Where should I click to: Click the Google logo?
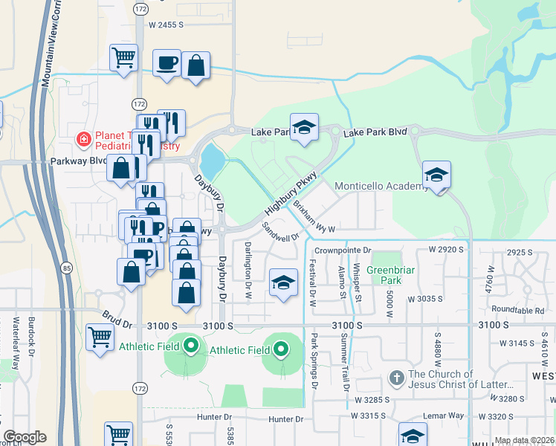(25, 437)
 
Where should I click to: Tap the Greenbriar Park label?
(384, 275)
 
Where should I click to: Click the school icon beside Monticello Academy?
(436, 175)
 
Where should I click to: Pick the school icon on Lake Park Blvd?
(304, 128)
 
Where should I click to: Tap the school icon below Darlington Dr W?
(282, 282)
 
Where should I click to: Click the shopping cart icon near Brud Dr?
(100, 337)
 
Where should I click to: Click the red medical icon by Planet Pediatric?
(85, 139)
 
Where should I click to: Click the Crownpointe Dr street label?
(342, 251)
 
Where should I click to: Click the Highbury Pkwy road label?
(291, 193)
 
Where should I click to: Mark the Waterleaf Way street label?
(16, 338)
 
